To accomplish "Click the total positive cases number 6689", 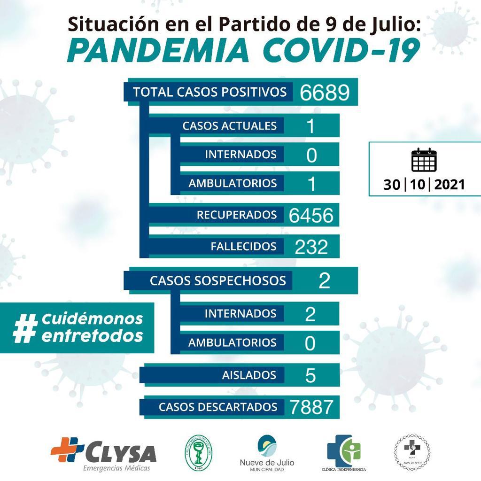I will click(325, 93).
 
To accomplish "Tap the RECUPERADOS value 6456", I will click(311, 215).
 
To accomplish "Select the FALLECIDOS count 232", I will click(311, 246).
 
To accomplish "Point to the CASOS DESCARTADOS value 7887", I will click(312, 407).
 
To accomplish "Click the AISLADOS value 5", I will click(310, 375).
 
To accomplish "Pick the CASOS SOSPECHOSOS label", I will click(217, 280).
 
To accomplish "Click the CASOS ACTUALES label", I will click(229, 126).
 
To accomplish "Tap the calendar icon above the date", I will click(424, 160).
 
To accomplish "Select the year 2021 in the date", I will click(450, 185).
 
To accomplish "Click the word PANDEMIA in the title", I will click(159, 51).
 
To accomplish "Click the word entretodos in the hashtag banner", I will click(92, 335).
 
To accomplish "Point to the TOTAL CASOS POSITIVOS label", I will click(209, 92).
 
